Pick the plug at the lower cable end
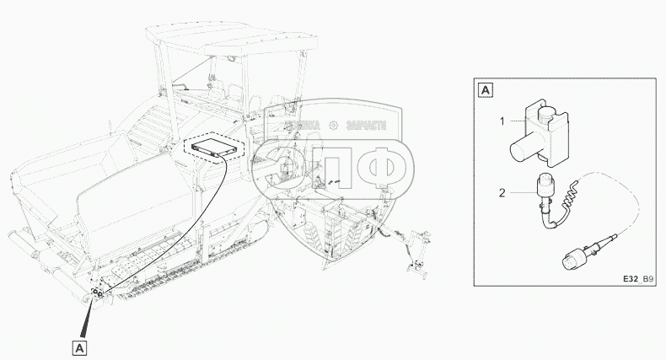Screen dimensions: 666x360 [x=577, y=255]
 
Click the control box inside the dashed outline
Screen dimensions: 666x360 [x=213, y=148]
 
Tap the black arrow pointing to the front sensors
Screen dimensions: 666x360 [x=88, y=319]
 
